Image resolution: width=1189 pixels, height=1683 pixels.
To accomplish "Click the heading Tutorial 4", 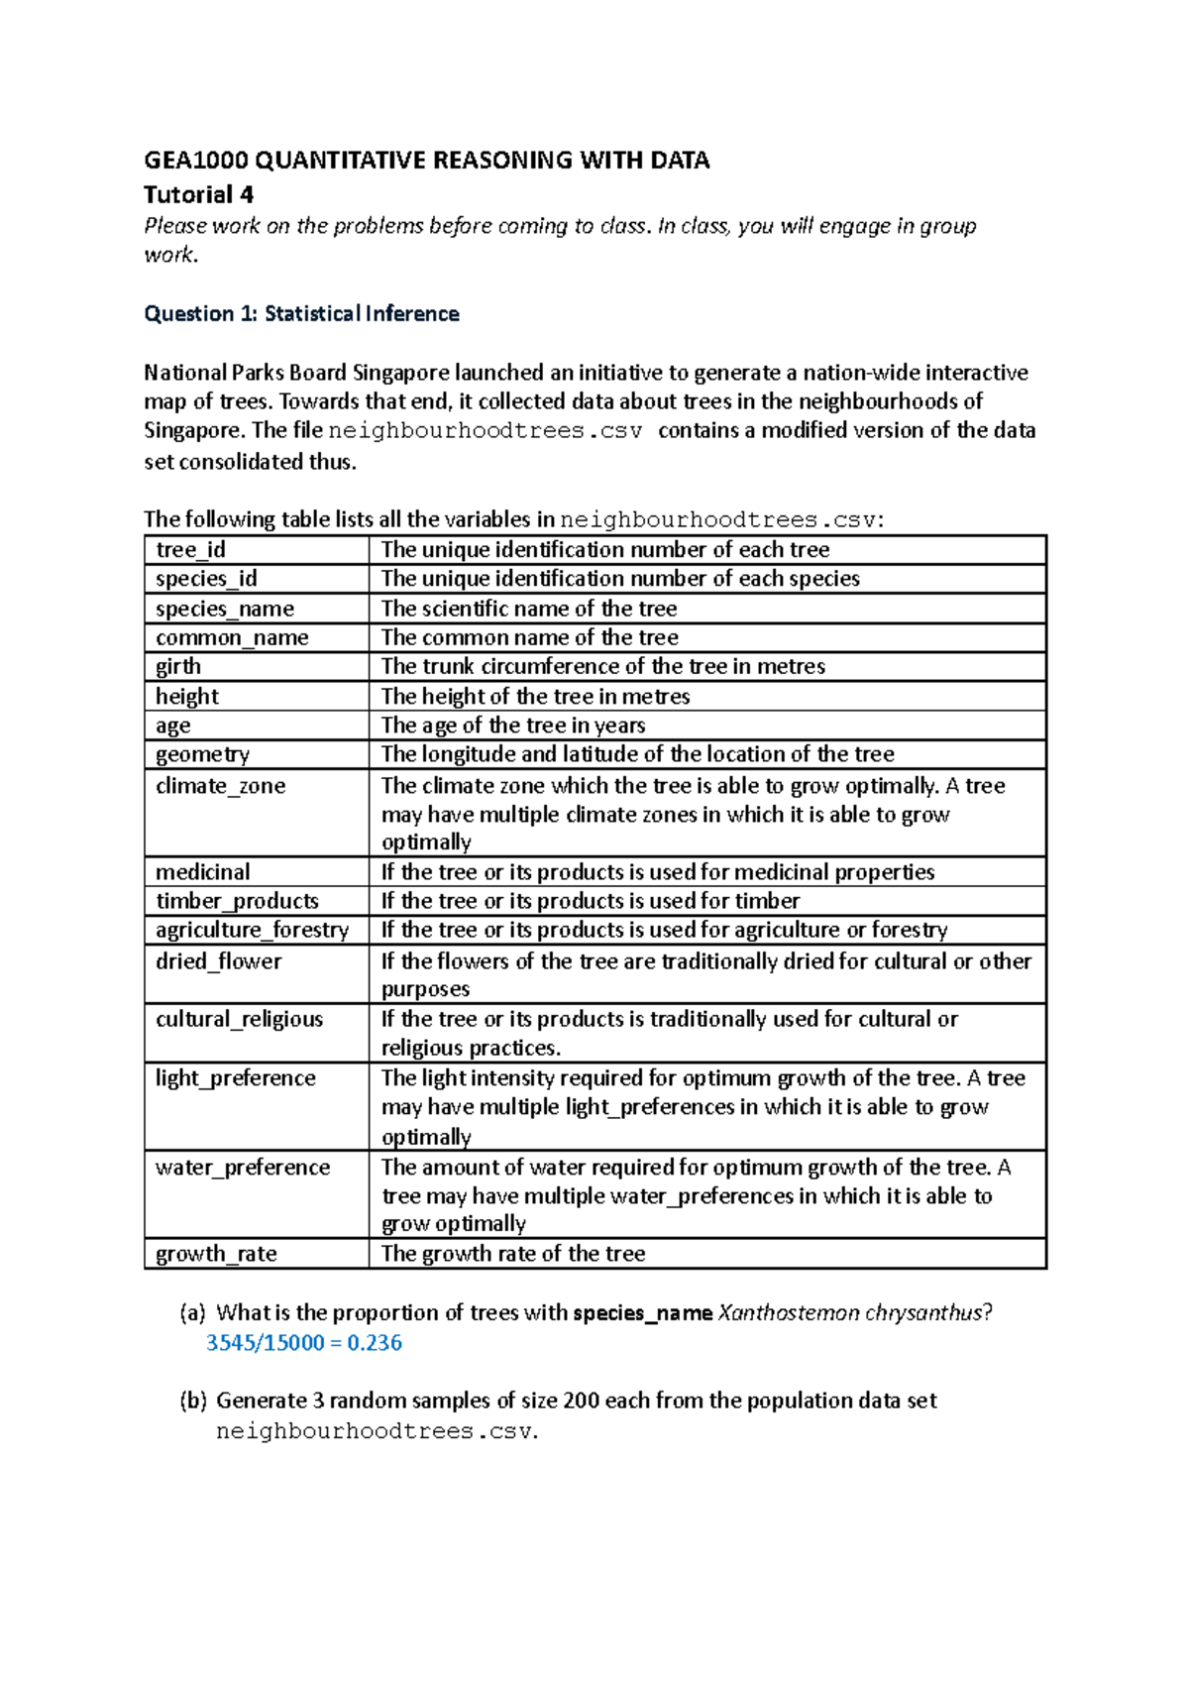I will [x=198, y=194].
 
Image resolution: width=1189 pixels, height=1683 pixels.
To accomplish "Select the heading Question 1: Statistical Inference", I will [x=301, y=314].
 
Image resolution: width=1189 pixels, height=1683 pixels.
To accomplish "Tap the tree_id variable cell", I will [x=190, y=550].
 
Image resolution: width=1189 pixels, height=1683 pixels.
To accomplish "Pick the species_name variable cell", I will [x=225, y=609].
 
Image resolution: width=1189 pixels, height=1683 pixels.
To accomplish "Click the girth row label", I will [x=178, y=666].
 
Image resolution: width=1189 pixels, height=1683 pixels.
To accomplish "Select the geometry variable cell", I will [x=202, y=754].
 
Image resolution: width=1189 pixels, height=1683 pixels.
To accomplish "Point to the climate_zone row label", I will [x=220, y=786].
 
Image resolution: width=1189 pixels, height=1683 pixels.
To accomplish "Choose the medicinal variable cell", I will [x=202, y=872].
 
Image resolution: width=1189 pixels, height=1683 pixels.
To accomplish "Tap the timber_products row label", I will [x=237, y=901].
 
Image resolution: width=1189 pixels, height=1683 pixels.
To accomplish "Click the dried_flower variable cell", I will [x=218, y=961].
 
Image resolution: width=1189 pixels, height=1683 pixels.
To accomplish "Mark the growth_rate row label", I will [x=216, y=1254].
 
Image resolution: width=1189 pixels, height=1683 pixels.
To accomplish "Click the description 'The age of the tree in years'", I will [x=513, y=726].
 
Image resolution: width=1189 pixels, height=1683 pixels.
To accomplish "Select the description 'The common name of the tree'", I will [x=529, y=637].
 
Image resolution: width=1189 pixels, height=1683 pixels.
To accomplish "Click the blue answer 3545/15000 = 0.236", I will [x=303, y=1343].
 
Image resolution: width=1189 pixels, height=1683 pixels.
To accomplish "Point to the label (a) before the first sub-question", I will [x=192, y=1313].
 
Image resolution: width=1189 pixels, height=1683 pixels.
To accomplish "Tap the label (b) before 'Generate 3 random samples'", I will [x=192, y=1401].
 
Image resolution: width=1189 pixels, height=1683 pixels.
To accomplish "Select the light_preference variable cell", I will [x=235, y=1078].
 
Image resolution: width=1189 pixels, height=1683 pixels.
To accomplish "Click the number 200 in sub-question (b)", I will [x=581, y=1401].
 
